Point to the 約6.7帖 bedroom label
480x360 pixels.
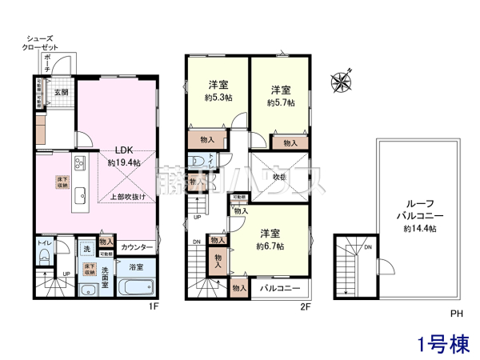coord(270,239)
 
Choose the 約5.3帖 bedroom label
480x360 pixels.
coord(217,92)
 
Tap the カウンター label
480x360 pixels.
coord(138,247)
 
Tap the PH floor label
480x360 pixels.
coord(455,314)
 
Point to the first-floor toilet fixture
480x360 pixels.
coord(44,257)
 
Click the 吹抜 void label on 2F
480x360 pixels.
coord(280,177)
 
